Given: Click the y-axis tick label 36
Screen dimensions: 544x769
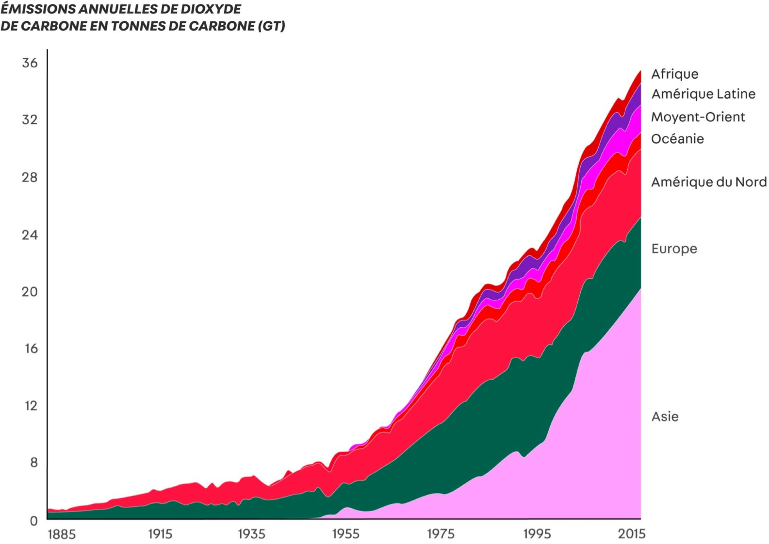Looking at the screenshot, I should click(x=30, y=63).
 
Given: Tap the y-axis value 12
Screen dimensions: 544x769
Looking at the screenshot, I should click(x=30, y=406).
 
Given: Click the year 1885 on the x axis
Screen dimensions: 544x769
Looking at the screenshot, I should click(x=62, y=534).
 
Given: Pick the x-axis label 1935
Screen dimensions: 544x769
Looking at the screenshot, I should click(x=251, y=534).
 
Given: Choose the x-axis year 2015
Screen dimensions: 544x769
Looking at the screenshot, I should click(x=631, y=534).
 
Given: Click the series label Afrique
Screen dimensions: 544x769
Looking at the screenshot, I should click(x=674, y=74).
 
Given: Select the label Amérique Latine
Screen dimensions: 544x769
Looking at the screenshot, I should click(x=703, y=94).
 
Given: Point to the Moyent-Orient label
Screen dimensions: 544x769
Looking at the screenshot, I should click(x=698, y=117).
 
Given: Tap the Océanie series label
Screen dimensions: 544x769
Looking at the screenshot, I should click(x=677, y=139).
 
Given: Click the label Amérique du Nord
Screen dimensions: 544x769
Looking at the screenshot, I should click(x=709, y=182).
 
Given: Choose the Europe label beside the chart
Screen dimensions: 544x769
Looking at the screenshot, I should click(x=674, y=249).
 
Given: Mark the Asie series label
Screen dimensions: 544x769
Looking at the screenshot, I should click(x=665, y=416).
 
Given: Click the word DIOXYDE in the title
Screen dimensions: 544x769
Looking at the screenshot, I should click(x=211, y=9).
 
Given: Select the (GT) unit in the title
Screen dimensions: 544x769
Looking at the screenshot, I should click(x=272, y=26).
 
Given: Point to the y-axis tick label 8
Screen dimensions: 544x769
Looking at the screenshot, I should click(x=33, y=463).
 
